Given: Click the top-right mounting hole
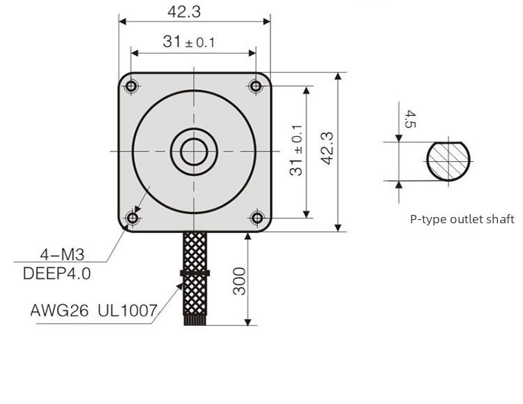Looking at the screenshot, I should pyautogui.click(x=257, y=86).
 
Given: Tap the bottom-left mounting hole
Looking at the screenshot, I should pyautogui.click(x=132, y=218).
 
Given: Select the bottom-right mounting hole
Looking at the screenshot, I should pyautogui.click(x=257, y=218).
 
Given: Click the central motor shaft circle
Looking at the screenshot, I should pyautogui.click(x=194, y=151).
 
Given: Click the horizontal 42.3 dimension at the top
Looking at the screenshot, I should pyautogui.click(x=193, y=10).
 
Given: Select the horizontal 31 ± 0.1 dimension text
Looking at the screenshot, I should pyautogui.click(x=189, y=42).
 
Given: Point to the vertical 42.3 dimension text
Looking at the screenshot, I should pyautogui.click(x=328, y=149).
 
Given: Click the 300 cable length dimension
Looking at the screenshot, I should pyautogui.click(x=240, y=280).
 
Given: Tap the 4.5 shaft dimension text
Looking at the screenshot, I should pyautogui.click(x=409, y=119).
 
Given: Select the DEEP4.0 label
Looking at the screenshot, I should pyautogui.click(x=57, y=273).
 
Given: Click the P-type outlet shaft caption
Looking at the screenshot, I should pyautogui.click(x=462, y=219).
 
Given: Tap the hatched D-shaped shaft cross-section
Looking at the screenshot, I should pyautogui.click(x=448, y=160).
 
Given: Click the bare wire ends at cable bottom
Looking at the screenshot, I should pyautogui.click(x=195, y=320).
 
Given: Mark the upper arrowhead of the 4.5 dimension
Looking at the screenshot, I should pyautogui.click(x=398, y=137).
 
